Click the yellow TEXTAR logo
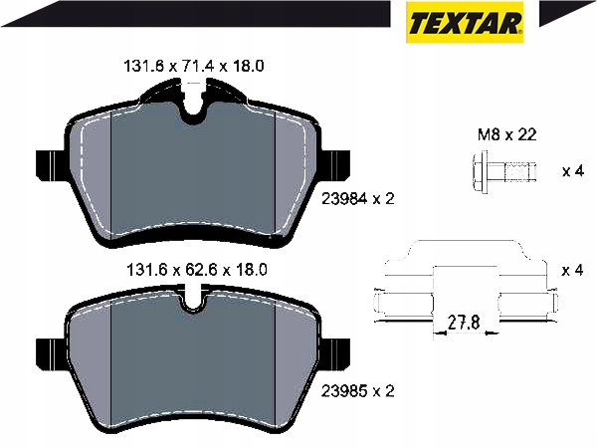[465, 22]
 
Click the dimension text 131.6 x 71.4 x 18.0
[194, 67]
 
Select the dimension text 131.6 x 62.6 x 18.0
[196, 270]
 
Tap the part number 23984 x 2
[358, 198]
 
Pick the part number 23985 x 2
[358, 391]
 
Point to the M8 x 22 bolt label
[507, 134]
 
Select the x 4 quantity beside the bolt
[573, 171]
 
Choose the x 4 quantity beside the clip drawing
[573, 271]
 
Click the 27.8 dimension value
[464, 323]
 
